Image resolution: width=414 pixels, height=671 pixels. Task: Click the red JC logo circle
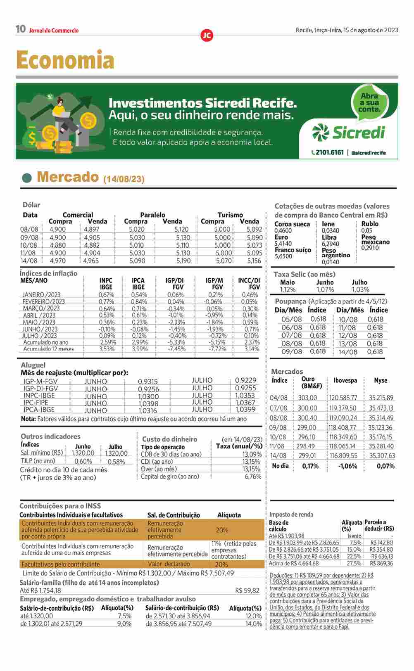pos(207,36)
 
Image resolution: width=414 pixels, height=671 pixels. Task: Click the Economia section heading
pos(65,60)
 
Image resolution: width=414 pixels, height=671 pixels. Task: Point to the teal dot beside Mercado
pos(27,178)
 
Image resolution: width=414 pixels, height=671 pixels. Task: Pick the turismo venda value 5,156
pos(254,261)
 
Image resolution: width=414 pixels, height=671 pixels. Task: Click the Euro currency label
pos(281,237)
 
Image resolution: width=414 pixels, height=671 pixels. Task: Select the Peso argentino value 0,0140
pos(330,262)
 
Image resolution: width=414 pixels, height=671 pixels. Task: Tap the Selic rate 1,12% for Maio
pos(288,289)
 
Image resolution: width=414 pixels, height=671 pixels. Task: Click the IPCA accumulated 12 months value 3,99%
pos(139,349)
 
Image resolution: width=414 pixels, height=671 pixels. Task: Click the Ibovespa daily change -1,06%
pos(347,466)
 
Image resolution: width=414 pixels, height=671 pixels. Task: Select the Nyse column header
pos(381,380)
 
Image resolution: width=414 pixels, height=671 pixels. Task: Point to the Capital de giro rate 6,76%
pos(253,477)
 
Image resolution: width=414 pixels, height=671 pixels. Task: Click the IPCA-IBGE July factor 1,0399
pos(245,409)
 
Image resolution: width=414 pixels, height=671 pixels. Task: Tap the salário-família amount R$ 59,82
pos(247,590)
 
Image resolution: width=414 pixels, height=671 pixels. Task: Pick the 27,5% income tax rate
pos(354,563)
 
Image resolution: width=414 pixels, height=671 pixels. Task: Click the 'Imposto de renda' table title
pos(291,515)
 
